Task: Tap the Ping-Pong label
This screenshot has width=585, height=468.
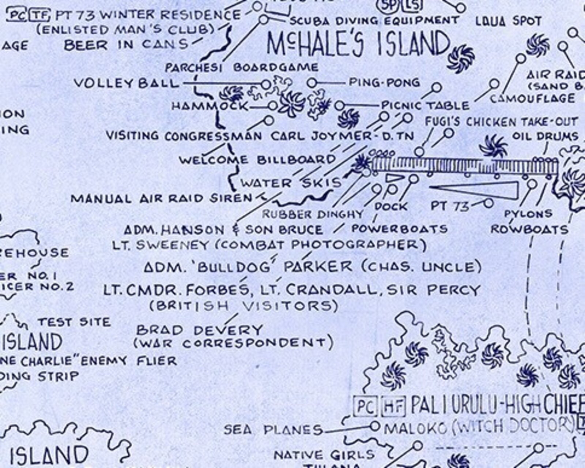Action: click(x=384, y=83)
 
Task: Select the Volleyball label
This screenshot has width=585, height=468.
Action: click(x=126, y=83)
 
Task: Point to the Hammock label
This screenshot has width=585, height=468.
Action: click(x=210, y=106)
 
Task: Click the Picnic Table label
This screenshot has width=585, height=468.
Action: click(x=425, y=106)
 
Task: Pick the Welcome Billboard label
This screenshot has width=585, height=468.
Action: click(x=257, y=160)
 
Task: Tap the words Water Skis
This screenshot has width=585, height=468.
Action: click(x=291, y=183)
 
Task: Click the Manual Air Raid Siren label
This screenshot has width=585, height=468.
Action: click(x=161, y=199)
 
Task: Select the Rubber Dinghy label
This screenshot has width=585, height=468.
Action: click(x=313, y=214)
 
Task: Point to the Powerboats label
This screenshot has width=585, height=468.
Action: click(x=399, y=229)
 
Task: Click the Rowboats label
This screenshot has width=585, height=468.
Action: click(x=529, y=229)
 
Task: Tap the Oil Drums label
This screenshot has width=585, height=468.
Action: click(x=545, y=136)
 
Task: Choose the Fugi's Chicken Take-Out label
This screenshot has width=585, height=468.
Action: click(x=501, y=121)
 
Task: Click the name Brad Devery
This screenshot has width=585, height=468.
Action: click(x=199, y=330)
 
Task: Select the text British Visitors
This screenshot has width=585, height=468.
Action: click(x=243, y=306)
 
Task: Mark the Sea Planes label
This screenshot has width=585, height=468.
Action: click(x=273, y=429)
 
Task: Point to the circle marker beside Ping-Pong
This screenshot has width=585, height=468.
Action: click(x=312, y=83)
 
